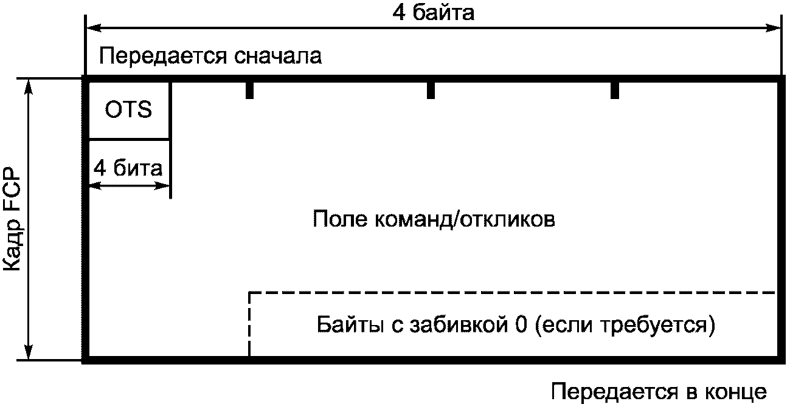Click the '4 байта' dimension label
pyautogui.click(x=433, y=13)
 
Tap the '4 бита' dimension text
pyautogui.click(x=128, y=168)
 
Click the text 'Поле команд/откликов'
pyautogui.click(x=434, y=218)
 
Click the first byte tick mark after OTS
pyautogui.click(x=249, y=90)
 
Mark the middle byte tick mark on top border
pyautogui.click(x=431, y=90)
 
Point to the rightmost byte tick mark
pyautogui.click(x=614, y=90)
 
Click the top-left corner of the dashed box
pyautogui.click(x=250, y=293)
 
